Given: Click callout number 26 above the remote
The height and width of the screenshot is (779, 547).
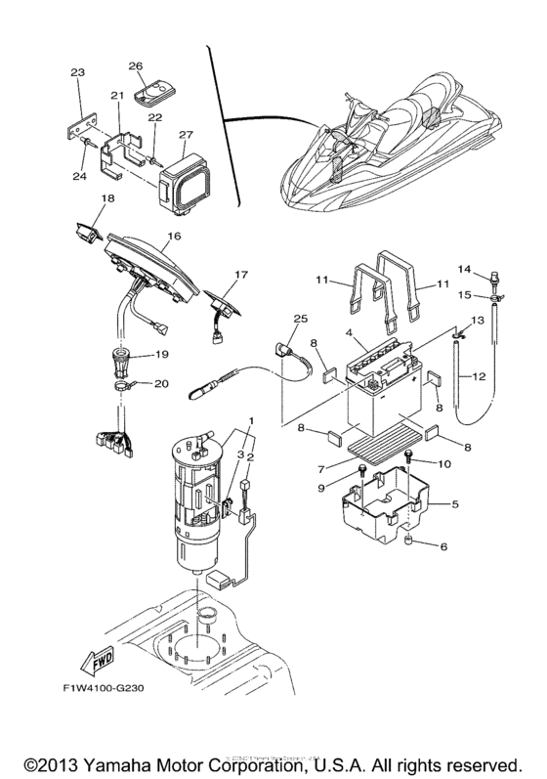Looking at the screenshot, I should (136, 66).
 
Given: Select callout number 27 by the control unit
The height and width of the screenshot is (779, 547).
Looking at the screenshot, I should (186, 134).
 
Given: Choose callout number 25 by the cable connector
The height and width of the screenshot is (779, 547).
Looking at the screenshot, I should (299, 320).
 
